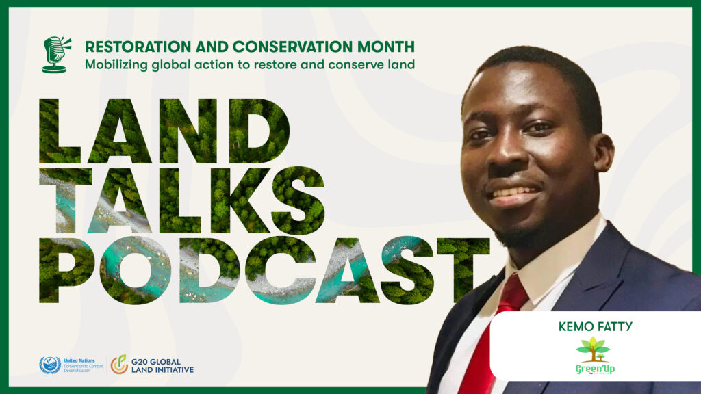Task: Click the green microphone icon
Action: click(56, 55)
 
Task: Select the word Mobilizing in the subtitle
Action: click(116, 65)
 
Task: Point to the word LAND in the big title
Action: click(164, 131)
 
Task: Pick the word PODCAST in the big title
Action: click(264, 270)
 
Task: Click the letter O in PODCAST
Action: click(134, 270)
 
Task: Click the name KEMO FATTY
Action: click(596, 327)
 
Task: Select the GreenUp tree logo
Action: click(594, 356)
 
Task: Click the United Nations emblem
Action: click(50, 365)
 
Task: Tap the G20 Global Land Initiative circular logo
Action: click(119, 365)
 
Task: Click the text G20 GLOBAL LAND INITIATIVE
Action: click(162, 366)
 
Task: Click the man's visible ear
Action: click(604, 153)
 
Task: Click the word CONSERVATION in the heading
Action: click(292, 47)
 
